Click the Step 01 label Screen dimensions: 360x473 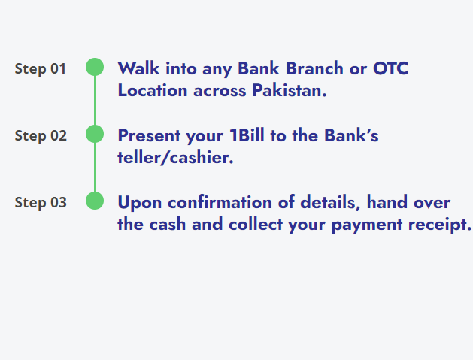41,69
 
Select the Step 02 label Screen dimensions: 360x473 41,136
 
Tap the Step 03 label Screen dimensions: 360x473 41,202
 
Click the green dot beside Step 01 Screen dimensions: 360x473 95,68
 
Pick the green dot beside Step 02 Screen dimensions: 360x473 95,134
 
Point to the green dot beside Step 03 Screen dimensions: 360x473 95,201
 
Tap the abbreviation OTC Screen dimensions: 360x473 391,68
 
